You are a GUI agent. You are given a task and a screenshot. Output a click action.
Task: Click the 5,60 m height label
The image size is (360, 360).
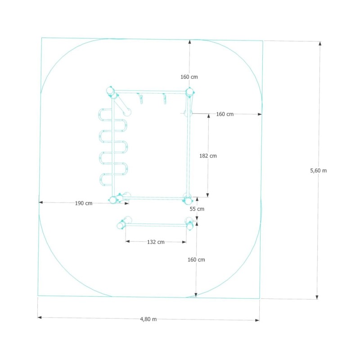coord(318,171)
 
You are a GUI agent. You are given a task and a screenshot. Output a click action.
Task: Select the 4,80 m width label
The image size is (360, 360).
coord(148,319)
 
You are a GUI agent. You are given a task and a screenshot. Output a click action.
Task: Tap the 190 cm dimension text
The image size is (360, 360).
coord(84,203)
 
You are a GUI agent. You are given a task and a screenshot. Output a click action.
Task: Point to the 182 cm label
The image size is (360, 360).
coord(208,156)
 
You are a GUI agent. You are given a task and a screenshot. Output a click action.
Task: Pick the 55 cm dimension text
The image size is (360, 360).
coord(197,209)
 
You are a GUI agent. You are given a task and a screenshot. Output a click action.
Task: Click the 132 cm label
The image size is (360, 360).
coord(156,242)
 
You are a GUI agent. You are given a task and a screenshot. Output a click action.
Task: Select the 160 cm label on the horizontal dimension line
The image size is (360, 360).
coord(225,114)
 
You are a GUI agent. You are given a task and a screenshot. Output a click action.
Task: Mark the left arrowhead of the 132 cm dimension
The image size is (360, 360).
coord(128,241)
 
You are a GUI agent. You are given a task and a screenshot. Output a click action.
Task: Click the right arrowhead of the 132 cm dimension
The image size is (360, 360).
coord(184,242)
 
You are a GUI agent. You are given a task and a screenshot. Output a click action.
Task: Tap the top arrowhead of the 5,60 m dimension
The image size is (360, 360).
coord(320,44)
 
